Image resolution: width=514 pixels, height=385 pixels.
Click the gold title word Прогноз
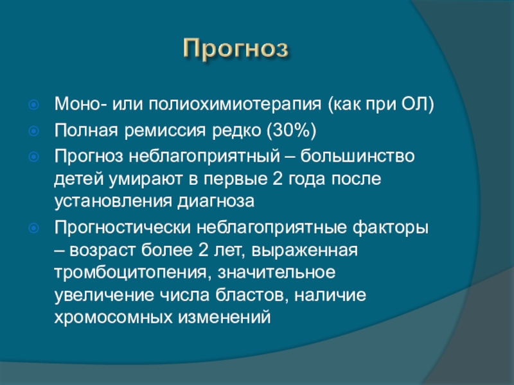pos(236,49)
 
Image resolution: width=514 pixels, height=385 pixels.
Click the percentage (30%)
pos(292,131)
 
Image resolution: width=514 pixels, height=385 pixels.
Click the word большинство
pos(358,156)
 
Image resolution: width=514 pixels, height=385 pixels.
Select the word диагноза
pos(216,201)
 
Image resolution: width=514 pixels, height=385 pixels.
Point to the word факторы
pos(391,228)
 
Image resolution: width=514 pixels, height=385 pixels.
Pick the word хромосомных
pos(114,318)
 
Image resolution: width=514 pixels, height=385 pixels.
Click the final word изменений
pos(224,318)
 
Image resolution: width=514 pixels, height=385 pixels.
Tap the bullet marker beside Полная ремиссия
pos(33,131)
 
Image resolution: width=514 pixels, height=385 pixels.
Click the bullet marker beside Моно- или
pos(33,105)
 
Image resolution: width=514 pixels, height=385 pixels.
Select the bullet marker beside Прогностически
pos(33,228)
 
